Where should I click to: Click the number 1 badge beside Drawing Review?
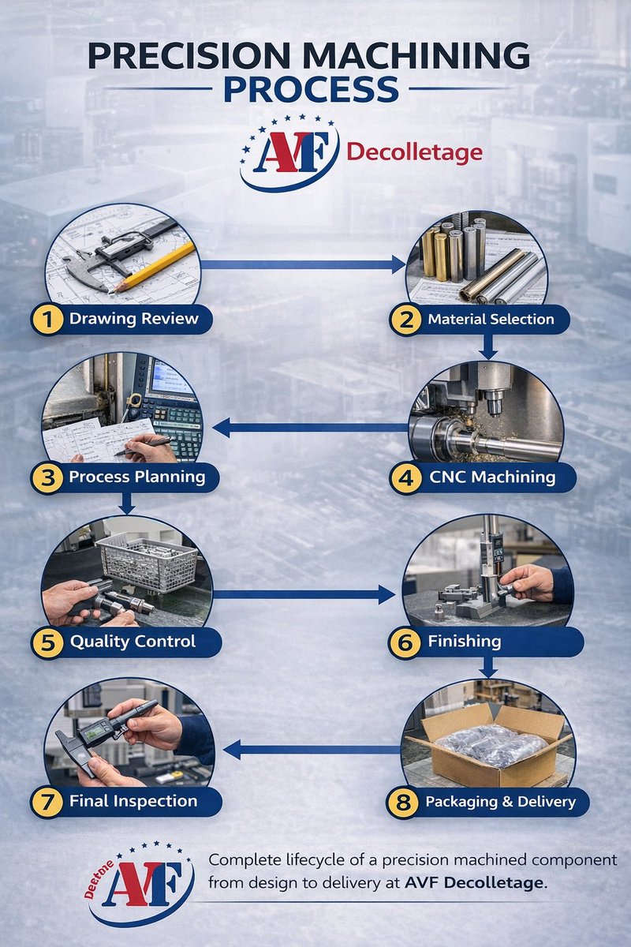click(x=48, y=320)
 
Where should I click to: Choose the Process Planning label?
click(x=136, y=477)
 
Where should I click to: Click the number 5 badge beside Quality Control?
click(x=48, y=641)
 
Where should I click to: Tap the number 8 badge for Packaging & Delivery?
click(x=403, y=802)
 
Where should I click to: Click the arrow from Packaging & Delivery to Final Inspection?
click(x=308, y=749)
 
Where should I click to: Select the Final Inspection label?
click(x=133, y=801)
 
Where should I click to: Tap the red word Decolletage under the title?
click(x=414, y=152)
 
